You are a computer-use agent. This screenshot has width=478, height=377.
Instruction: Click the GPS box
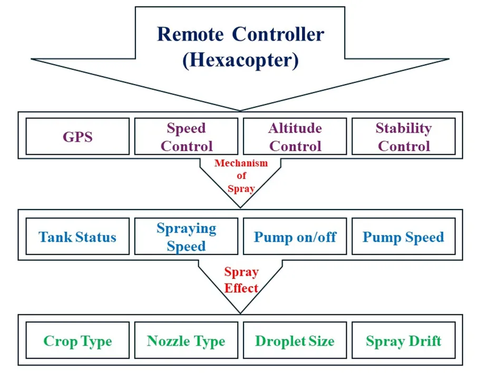click(77, 136)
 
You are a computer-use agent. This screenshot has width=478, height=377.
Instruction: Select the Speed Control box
click(186, 136)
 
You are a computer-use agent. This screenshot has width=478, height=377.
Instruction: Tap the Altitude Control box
click(295, 136)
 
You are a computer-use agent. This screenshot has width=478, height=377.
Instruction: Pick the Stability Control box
click(403, 136)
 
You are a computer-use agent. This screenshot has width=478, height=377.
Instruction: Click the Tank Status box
click(77, 237)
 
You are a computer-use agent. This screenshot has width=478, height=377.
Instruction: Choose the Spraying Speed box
click(186, 237)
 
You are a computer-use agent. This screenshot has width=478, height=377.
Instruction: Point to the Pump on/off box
click(295, 237)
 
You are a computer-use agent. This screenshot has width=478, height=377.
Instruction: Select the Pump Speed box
click(403, 237)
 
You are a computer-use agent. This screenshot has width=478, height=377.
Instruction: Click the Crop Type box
click(77, 341)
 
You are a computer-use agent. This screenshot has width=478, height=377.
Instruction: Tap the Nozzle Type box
click(186, 341)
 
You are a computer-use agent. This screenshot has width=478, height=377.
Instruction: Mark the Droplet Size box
click(295, 341)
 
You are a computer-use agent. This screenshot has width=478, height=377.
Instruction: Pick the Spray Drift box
click(403, 341)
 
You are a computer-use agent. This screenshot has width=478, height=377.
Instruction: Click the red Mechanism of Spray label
click(241, 176)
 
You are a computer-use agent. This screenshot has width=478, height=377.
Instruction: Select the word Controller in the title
click(278, 34)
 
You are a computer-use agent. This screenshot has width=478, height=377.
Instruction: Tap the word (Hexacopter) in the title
click(240, 59)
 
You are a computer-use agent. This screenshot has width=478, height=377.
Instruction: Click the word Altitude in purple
click(295, 128)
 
